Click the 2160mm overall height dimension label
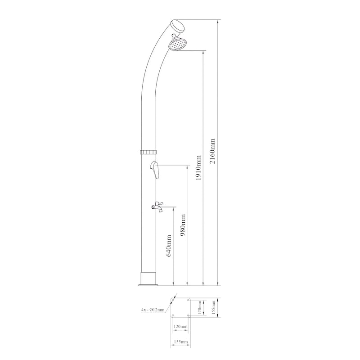(212, 151)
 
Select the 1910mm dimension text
(198, 168)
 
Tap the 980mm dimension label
(183, 225)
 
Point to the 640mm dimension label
(169, 246)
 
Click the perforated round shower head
(178, 44)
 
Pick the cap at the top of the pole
(177, 26)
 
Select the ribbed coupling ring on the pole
(148, 152)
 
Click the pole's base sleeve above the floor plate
(148, 278)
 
